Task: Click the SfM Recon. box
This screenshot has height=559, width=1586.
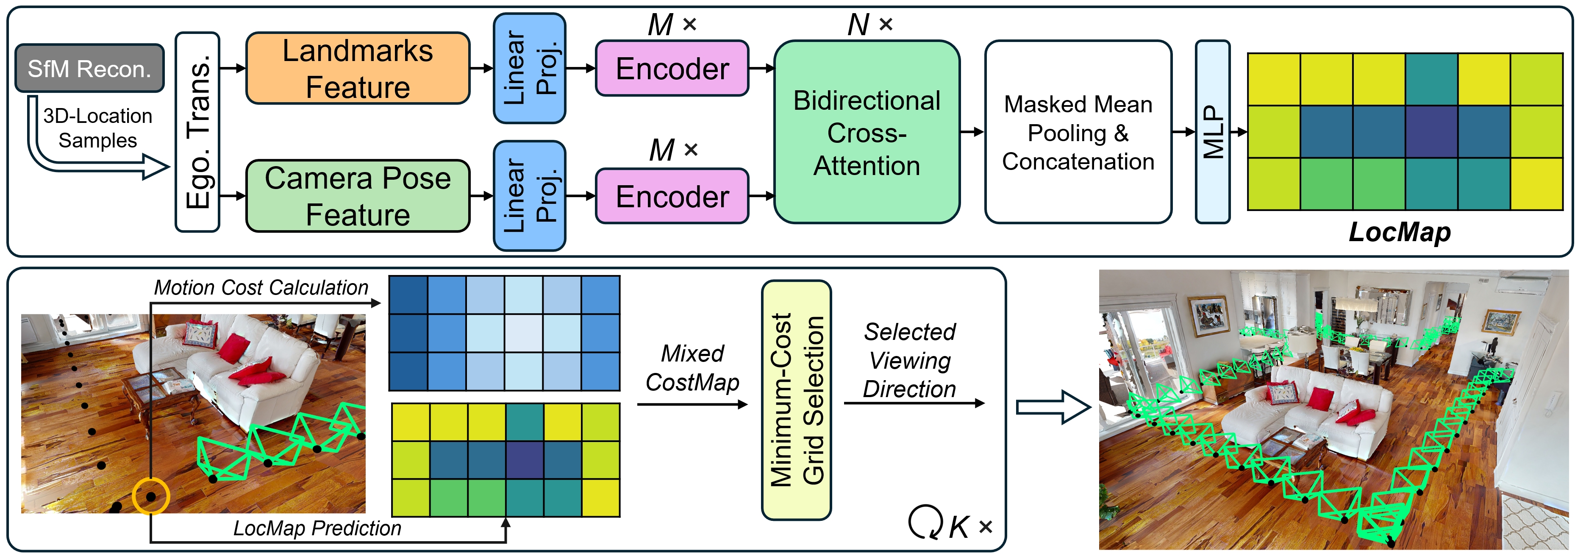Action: [x=89, y=68]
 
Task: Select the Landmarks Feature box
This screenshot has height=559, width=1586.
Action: [x=357, y=68]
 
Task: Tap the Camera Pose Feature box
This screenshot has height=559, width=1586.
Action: [x=357, y=196]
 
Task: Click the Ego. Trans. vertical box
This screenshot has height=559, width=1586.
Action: [x=197, y=132]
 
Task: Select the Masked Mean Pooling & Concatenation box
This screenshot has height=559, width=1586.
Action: [x=1078, y=132]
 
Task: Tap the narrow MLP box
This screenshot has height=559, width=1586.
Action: [x=1212, y=132]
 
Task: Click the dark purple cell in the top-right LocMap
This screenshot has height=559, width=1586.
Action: [x=1431, y=132]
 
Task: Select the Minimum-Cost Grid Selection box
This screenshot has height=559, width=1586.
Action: [x=796, y=400]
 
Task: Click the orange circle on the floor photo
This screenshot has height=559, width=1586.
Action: [x=151, y=495]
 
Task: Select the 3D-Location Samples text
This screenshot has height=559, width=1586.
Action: [x=97, y=128]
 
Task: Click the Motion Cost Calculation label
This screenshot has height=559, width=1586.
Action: [x=261, y=287]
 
